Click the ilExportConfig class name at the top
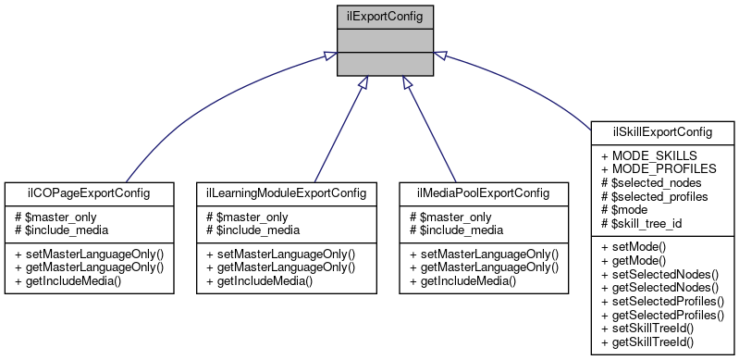coord(383,16)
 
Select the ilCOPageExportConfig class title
coord(90,192)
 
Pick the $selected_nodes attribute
coord(656,182)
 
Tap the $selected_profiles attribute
coord(660,196)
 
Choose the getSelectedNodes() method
coord(659,288)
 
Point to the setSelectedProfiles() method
coord(662,302)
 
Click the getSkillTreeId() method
coord(652,342)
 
